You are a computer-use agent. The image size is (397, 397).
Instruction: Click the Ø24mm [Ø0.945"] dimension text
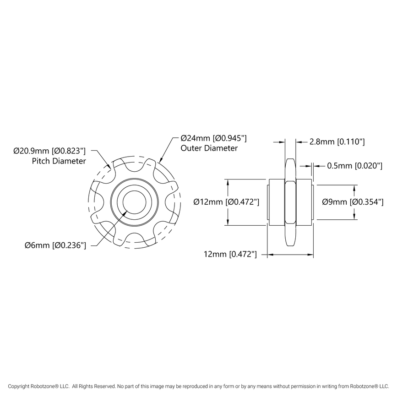214,138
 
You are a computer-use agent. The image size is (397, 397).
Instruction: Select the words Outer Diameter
209,148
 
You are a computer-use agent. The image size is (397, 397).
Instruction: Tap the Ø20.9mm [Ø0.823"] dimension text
50,151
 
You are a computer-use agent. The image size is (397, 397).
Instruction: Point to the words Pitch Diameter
59,161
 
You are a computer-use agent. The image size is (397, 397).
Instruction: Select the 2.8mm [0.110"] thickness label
337,142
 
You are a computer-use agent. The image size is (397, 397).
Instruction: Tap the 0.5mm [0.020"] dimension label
354,166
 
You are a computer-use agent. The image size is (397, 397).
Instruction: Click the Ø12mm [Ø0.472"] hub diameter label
227,202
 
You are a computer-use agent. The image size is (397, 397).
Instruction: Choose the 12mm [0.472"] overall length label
230,253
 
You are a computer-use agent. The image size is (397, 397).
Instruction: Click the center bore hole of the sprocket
135,201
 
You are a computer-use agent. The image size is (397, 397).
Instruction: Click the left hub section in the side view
276,202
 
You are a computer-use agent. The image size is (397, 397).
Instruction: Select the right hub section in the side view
305,202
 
